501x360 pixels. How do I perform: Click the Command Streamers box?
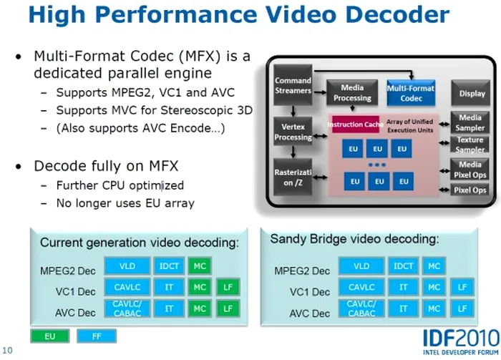click(x=293, y=85)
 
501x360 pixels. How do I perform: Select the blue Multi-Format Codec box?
click(x=411, y=93)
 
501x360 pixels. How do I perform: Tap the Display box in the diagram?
click(x=471, y=93)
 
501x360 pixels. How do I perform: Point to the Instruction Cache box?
click(x=356, y=125)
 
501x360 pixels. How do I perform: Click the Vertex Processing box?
click(x=293, y=132)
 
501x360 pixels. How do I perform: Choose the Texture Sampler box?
click(x=470, y=145)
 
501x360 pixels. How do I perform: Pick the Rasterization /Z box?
click(x=293, y=177)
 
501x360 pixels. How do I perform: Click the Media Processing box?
click(x=352, y=92)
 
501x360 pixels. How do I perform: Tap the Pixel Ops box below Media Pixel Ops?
click(x=470, y=190)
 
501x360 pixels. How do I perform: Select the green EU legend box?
click(x=50, y=336)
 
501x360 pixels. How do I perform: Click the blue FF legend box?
click(x=97, y=336)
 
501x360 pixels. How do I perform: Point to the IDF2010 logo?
click(x=461, y=342)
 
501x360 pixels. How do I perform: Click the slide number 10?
click(x=7, y=351)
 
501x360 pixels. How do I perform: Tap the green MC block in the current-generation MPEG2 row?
click(x=200, y=266)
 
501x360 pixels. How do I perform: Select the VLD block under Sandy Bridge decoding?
click(x=361, y=266)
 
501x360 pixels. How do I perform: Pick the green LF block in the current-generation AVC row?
click(x=228, y=308)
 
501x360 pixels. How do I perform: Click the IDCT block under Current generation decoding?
click(x=169, y=266)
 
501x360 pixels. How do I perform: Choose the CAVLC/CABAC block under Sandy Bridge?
click(x=361, y=308)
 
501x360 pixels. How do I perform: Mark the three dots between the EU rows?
click(x=377, y=165)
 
